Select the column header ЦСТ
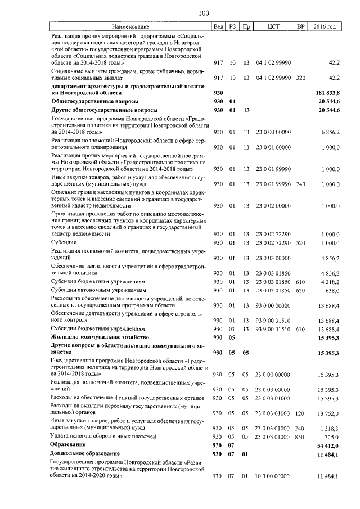(x=273, y=27)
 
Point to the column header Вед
(x=218, y=27)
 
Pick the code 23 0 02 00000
(x=273, y=206)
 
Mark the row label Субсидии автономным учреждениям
(x=94, y=290)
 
